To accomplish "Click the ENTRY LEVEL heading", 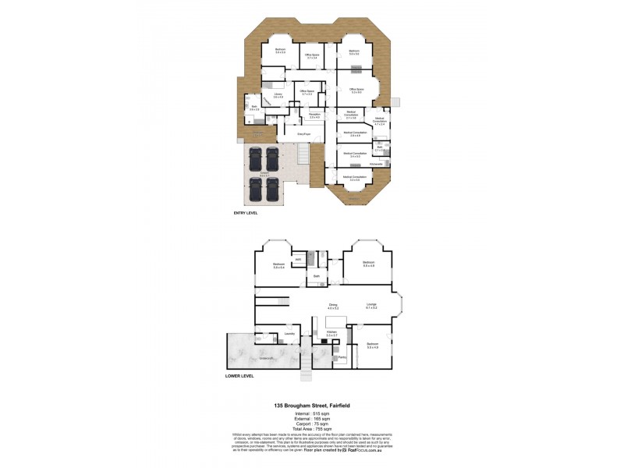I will (x=245, y=212).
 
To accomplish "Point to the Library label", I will (x=278, y=95).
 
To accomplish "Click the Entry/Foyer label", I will (x=304, y=134).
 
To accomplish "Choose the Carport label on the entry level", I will (x=265, y=174).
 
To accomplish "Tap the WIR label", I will (x=298, y=260).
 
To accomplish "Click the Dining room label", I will (x=333, y=305).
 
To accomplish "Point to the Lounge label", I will (x=372, y=305).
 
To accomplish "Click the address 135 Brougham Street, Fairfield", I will (x=311, y=406).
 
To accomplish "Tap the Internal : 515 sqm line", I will (x=311, y=413).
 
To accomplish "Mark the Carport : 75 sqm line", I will (x=311, y=424).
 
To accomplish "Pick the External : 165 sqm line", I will (x=311, y=419).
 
